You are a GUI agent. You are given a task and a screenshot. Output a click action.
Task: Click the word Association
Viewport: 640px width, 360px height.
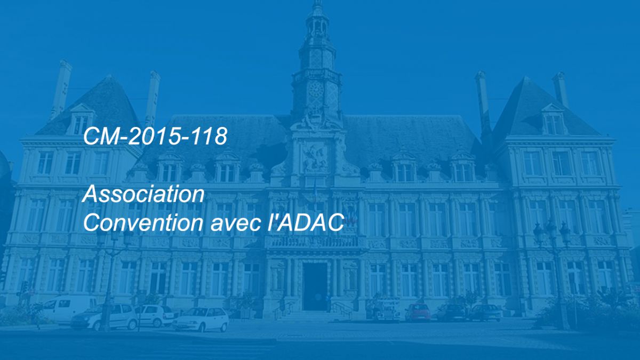point(143,194)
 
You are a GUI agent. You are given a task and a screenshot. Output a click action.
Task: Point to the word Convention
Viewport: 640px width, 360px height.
point(143,222)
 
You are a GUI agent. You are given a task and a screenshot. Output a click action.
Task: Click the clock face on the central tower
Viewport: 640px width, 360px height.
point(315,89)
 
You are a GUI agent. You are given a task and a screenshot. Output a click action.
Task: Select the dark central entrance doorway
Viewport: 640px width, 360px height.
point(315,286)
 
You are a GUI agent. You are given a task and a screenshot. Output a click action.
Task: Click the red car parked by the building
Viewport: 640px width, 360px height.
point(418,312)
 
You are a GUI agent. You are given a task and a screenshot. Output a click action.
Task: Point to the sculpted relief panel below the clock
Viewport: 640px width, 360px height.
point(315,158)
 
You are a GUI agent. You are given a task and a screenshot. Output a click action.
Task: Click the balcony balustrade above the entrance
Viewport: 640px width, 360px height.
point(315,243)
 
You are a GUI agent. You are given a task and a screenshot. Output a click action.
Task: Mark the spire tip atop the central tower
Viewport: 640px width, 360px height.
point(317,2)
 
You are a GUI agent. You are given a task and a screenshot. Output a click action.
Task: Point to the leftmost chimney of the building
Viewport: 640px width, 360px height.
point(61,89)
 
